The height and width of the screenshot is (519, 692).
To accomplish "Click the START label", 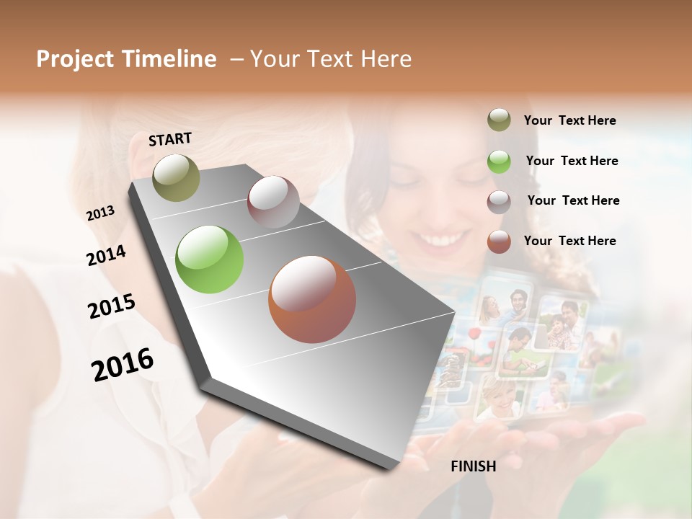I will pyautogui.click(x=170, y=139).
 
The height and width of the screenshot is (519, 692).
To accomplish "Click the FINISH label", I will pyautogui.click(x=473, y=466).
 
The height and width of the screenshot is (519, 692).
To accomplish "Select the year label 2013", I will pyautogui.click(x=100, y=213).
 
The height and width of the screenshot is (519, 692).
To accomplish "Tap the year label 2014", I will pyautogui.click(x=106, y=255).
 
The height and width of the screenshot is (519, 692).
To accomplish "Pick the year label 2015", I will pyautogui.click(x=112, y=306).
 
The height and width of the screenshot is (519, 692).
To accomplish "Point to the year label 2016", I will pyautogui.click(x=123, y=364).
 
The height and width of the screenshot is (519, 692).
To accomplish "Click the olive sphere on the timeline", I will pyautogui.click(x=176, y=177).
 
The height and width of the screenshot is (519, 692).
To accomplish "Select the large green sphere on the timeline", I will pyautogui.click(x=210, y=259).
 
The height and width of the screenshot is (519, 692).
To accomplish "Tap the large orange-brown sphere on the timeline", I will pyautogui.click(x=312, y=299).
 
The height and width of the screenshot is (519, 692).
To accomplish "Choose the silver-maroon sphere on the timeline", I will pyautogui.click(x=273, y=201).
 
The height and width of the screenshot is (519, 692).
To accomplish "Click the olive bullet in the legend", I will pyautogui.click(x=499, y=120).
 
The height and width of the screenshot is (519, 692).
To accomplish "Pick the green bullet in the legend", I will pyautogui.click(x=499, y=161).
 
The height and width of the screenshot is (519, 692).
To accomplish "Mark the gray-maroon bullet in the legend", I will pyautogui.click(x=499, y=201).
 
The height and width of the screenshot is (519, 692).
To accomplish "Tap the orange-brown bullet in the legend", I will pyautogui.click(x=499, y=241).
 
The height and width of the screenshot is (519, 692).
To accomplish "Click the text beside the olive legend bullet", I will pyautogui.click(x=569, y=121).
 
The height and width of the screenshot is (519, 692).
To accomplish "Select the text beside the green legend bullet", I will pyautogui.click(x=572, y=161).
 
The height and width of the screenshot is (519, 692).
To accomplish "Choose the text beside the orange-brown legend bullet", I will pyautogui.click(x=569, y=241).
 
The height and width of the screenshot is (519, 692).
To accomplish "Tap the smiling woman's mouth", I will pyautogui.click(x=436, y=238).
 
